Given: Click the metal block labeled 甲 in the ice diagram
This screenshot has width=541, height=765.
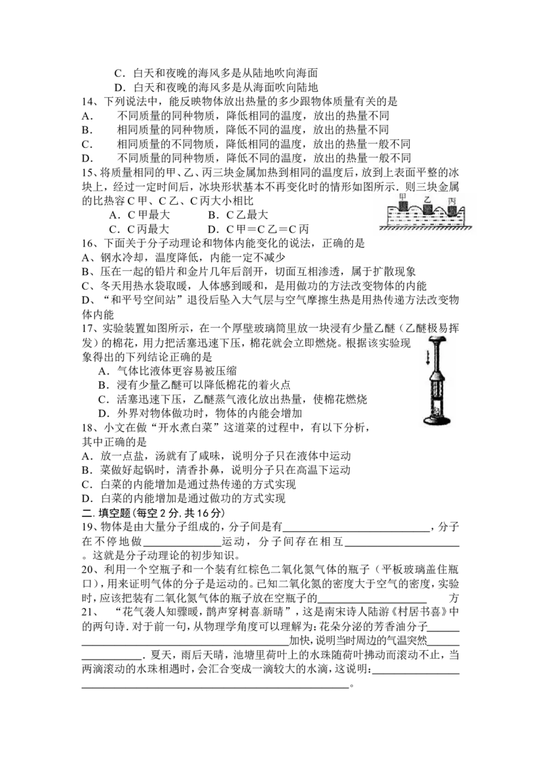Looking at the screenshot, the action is click(403, 205).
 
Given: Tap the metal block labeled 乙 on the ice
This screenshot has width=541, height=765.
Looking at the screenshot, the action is click(427, 209).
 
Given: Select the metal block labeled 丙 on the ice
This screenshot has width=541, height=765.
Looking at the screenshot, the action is click(452, 209).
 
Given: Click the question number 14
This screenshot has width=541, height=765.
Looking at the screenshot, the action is click(87, 101).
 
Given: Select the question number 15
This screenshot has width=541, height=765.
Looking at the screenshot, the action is click(87, 173).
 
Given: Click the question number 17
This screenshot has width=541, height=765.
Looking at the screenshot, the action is click(87, 328).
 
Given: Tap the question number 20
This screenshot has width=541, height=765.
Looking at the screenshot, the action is click(87, 570).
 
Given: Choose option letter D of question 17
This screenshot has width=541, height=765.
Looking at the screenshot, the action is click(103, 413).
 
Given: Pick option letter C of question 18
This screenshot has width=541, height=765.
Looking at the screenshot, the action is click(87, 485).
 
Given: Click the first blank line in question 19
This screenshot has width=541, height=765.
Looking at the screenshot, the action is click(356, 531).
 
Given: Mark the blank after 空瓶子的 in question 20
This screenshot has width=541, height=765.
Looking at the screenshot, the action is click(371, 602).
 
